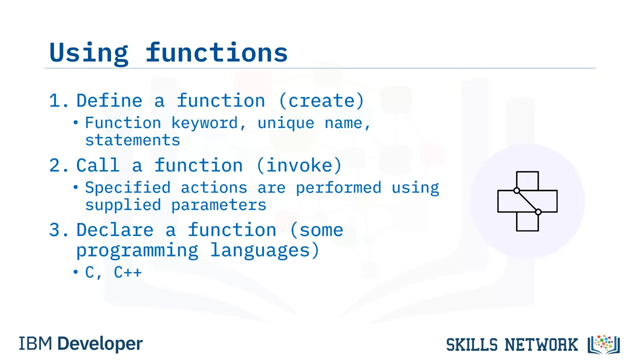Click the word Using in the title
tap(88, 53)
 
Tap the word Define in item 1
tap(109, 100)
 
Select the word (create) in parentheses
tap(321, 100)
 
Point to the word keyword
tap(204, 123)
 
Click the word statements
tap(132, 140)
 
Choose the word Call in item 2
tap(97, 165)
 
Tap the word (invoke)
tap(299, 165)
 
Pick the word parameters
tap(218, 205)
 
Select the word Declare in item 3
tap(115, 229)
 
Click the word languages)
tap(264, 250)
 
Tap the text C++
tap(127, 272)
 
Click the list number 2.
tap(59, 165)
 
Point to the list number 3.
tap(59, 229)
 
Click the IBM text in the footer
tap(35, 343)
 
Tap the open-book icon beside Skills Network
tap(603, 344)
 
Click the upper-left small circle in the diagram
tap(516, 190)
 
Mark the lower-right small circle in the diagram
tap(538, 212)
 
